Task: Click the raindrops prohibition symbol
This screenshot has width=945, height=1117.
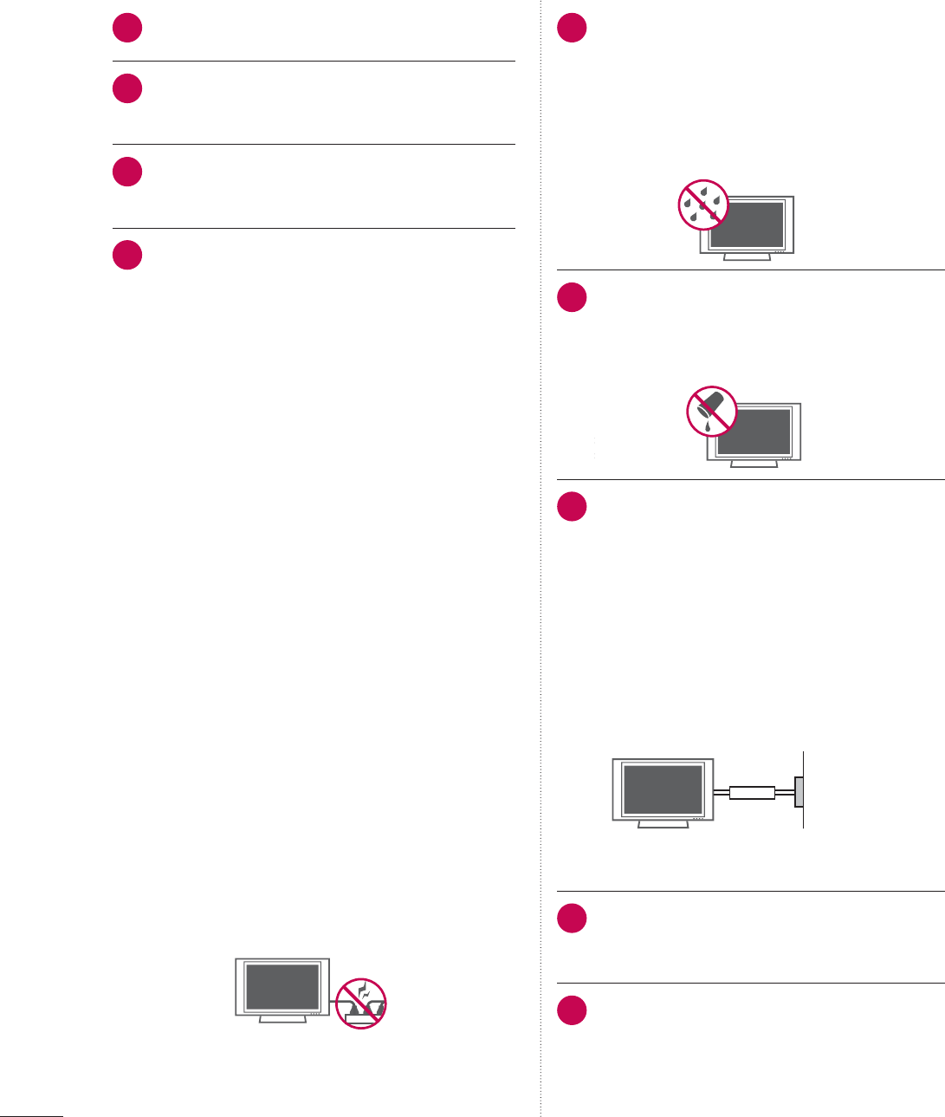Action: pos(702,205)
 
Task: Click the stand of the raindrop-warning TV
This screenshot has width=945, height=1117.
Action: pos(747,257)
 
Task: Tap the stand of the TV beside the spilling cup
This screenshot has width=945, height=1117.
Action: pos(754,464)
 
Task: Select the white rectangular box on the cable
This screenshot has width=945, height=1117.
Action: pos(752,792)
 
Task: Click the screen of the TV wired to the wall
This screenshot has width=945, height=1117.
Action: pos(663,788)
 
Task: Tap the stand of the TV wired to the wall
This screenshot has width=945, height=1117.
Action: pos(663,824)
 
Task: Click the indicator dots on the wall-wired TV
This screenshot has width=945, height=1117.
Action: pos(699,817)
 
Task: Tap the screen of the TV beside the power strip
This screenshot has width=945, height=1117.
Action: pos(282,985)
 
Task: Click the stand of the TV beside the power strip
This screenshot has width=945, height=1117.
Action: pos(282,1019)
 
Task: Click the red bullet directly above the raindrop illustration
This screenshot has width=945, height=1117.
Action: pos(572,29)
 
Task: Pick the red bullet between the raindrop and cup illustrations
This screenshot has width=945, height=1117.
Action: pos(572,298)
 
